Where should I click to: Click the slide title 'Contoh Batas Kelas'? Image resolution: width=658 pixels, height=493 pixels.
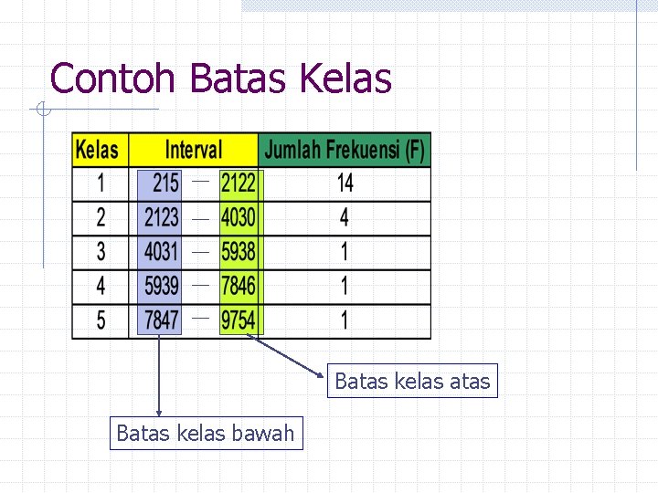221,79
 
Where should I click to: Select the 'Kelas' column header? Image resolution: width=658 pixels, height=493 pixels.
98,150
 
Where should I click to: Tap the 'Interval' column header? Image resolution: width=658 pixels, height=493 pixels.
193,150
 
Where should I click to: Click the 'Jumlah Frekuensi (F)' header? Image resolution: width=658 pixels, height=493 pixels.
345,150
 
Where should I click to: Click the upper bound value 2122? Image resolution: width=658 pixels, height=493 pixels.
239,184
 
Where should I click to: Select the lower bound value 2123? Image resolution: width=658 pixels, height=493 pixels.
162,218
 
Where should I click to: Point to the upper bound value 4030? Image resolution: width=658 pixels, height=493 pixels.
239,218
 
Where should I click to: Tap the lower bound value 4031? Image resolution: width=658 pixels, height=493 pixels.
162,251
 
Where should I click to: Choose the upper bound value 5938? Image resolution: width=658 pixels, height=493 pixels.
239,251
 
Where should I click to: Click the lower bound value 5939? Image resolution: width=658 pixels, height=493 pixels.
162,286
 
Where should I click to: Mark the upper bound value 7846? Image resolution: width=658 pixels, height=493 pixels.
239,286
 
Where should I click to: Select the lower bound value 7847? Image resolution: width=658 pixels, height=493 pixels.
162,320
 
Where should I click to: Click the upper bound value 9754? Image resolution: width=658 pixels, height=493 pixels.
239,320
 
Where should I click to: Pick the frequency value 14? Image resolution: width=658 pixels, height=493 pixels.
345,184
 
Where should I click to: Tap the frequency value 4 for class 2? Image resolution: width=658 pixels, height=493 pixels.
345,218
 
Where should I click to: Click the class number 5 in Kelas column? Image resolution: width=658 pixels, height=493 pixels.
101,320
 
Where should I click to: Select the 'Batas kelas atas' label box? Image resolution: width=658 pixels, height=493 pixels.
412,382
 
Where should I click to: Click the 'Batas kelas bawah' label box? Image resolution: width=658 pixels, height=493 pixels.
206,433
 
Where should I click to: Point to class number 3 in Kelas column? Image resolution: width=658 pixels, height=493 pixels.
101,251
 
